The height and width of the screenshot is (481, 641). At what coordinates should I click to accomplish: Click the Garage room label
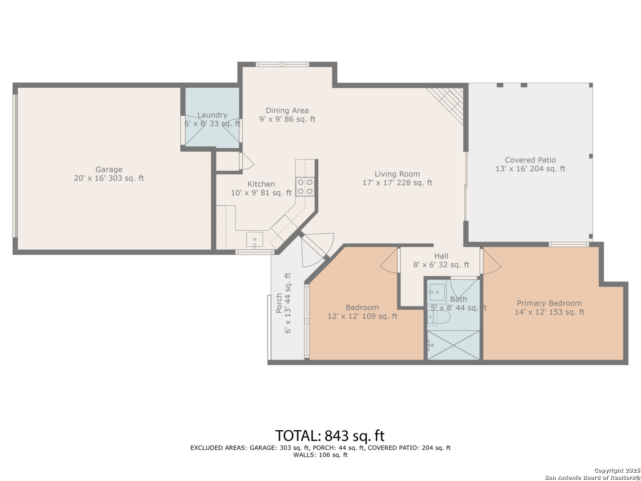pos(109,169)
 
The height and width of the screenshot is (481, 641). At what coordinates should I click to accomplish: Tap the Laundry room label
pos(212,115)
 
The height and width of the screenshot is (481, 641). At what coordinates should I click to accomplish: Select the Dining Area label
pos(287,110)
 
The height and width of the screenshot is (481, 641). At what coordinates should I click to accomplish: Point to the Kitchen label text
pos(261,184)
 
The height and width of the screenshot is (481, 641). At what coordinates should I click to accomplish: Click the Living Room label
pos(397,174)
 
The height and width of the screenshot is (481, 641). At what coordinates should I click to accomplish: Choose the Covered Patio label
pos(530,160)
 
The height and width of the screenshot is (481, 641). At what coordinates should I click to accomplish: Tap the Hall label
pos(441,256)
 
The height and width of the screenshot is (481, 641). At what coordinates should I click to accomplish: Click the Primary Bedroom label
pos(549,303)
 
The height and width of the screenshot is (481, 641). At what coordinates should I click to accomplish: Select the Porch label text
pos(279,303)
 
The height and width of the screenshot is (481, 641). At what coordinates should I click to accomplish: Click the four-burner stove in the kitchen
pos(305,187)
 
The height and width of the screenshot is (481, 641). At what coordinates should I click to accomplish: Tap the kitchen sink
pos(254,240)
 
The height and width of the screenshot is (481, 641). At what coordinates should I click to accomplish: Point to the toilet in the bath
pos(438,317)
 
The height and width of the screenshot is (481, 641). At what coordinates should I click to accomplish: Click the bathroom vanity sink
pos(437,292)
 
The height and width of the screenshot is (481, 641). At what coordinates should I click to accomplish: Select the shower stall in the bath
pos(453,345)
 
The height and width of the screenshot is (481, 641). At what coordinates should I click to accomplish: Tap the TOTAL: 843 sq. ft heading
pos(330,436)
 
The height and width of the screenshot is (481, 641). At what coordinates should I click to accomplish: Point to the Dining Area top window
pos(282,64)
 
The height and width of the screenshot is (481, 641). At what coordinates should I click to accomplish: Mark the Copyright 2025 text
pos(617,470)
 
